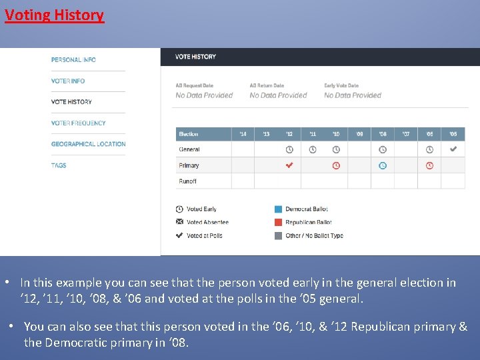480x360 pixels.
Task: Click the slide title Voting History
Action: click(x=54, y=15)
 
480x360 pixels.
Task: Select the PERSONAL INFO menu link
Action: click(x=73, y=60)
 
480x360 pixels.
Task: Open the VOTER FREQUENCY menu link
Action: click(x=78, y=123)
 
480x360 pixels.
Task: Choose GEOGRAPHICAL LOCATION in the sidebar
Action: click(x=88, y=144)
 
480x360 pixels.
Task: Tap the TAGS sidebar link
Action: click(x=59, y=165)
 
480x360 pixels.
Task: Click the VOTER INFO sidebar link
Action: click(x=68, y=81)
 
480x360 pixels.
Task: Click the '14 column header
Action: click(x=243, y=134)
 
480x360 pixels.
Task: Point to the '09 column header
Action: click(x=359, y=134)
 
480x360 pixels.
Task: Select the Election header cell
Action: click(x=189, y=134)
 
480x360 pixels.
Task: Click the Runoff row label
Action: click(x=188, y=181)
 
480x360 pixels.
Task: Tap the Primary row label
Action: click(x=189, y=165)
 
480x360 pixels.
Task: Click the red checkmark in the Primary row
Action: click(x=289, y=165)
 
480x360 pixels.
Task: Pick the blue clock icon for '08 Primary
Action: click(x=383, y=165)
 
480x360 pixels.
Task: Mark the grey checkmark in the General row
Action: click(x=453, y=149)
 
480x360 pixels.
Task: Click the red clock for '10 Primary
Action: click(x=336, y=165)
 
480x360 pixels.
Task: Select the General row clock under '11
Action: click(x=313, y=149)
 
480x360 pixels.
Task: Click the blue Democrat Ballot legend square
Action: click(x=278, y=209)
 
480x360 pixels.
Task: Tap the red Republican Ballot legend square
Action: click(x=278, y=222)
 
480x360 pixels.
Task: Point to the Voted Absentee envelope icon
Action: click(x=179, y=222)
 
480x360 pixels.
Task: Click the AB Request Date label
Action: click(x=194, y=85)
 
